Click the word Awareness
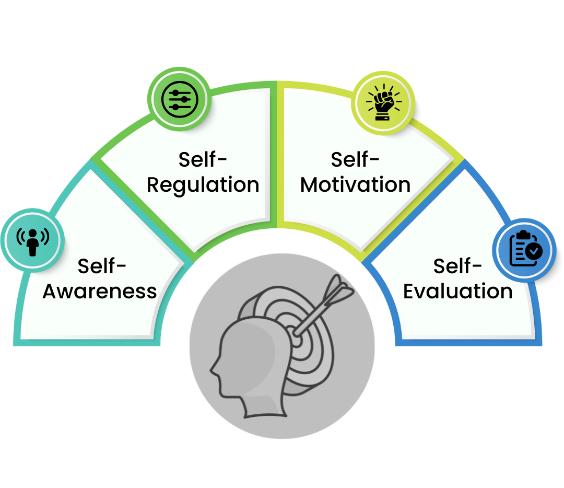click(x=100, y=292)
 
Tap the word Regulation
click(x=203, y=185)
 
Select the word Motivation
click(x=356, y=185)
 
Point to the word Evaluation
click(x=458, y=292)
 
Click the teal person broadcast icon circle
click(x=32, y=239)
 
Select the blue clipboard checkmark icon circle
click(x=524, y=249)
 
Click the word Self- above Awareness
click(x=102, y=266)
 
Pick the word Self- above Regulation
click(x=203, y=159)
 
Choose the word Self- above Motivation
click(x=355, y=159)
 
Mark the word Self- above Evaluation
click(x=457, y=266)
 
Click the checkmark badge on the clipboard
click(x=533, y=252)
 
